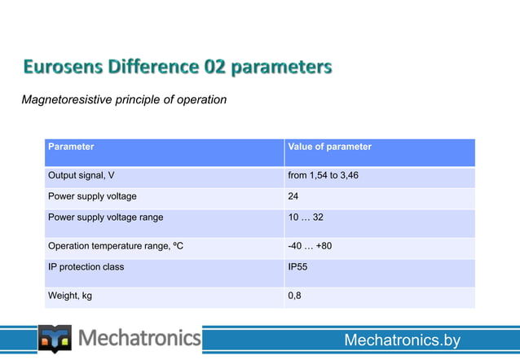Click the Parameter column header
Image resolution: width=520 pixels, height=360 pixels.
(x=71, y=147)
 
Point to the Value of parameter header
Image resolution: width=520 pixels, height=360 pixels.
(x=329, y=147)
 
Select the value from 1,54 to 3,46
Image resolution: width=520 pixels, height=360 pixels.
(x=323, y=175)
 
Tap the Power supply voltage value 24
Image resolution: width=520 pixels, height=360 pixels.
(x=293, y=196)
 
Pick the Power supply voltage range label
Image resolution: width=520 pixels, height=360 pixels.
(x=105, y=217)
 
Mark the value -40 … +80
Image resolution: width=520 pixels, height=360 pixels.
(x=310, y=245)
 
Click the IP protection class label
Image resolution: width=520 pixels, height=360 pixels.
(x=86, y=266)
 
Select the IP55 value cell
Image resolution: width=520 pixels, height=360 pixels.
(x=297, y=266)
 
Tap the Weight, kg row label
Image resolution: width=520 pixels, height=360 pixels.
(x=70, y=296)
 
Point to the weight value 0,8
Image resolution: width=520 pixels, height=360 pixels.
(x=294, y=296)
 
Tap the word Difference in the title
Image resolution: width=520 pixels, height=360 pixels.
(x=152, y=66)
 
